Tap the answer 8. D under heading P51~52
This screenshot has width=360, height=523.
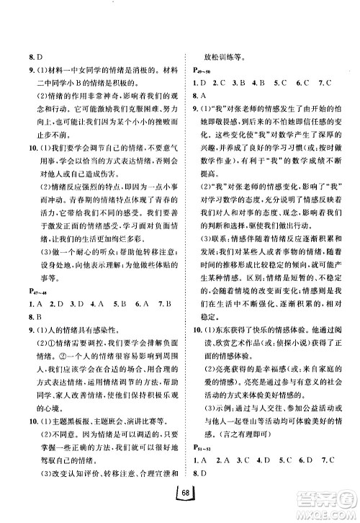[194, 473]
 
